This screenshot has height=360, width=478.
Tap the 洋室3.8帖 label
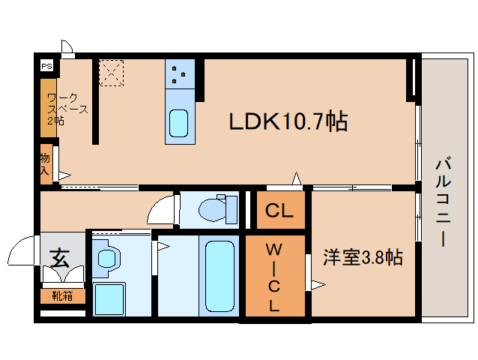363,258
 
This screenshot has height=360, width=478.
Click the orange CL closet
279,211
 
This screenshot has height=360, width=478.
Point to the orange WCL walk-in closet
275,277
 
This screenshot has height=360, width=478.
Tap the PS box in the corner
46,66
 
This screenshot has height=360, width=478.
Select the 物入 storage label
46,164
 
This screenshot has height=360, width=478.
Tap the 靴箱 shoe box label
62,296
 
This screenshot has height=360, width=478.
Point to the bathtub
220,275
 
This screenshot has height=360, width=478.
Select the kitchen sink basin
179,122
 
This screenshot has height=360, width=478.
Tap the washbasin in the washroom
109,259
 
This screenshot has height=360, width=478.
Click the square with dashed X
112,72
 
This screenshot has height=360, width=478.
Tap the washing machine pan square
109,298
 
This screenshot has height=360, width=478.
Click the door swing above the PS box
67,46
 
